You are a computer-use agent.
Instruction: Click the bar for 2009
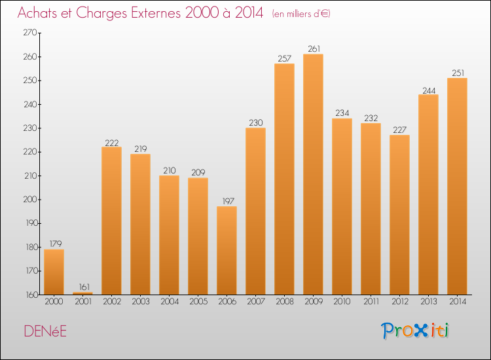tap(313, 174)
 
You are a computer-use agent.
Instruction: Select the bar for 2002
tap(111, 221)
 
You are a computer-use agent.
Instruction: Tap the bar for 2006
tap(227, 251)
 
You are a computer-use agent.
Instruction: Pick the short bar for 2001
tap(82, 293)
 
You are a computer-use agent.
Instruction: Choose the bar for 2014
tap(457, 187)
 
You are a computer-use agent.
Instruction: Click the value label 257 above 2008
tap(284, 58)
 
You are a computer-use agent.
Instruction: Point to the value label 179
tap(54, 244)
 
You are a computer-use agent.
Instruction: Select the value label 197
tap(227, 201)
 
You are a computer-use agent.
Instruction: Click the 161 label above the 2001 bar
tap(82, 287)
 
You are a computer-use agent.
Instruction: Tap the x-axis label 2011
tap(371, 302)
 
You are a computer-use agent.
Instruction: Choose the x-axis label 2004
tap(169, 302)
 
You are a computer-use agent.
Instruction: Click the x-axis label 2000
tap(54, 302)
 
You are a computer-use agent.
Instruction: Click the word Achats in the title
tap(41, 13)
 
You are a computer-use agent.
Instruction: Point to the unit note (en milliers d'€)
tap(302, 14)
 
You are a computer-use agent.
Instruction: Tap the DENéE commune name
tap(45, 332)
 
